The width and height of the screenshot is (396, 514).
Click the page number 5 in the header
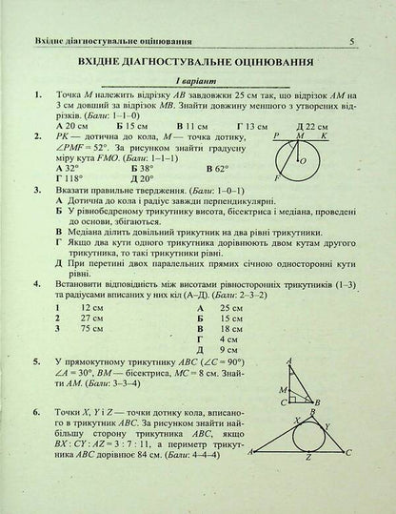pos(352,13)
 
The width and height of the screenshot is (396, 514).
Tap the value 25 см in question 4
pos(228,308)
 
